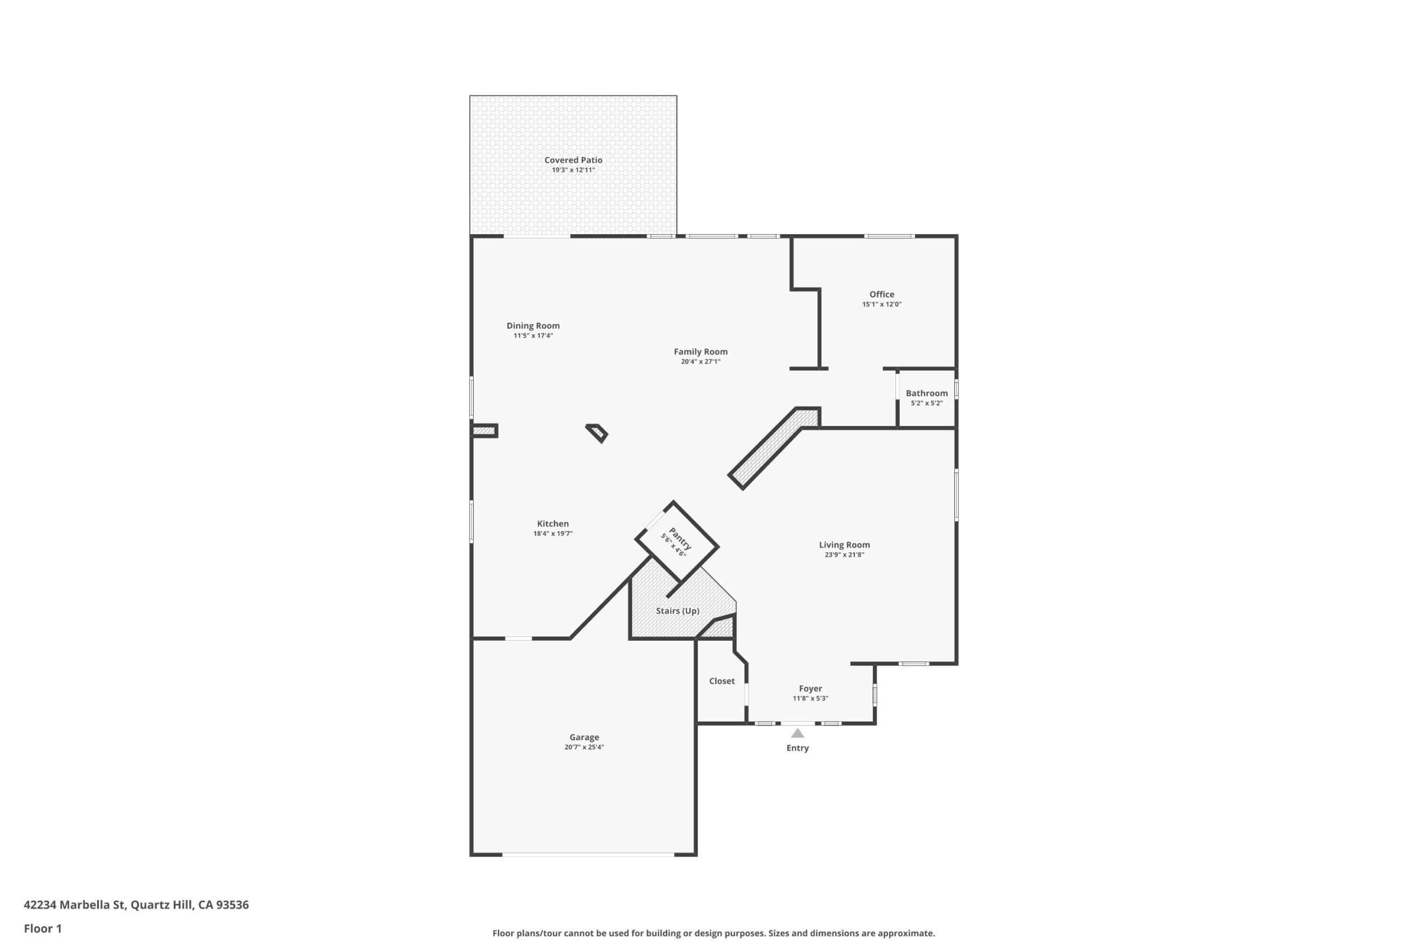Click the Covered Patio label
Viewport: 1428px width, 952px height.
(x=573, y=160)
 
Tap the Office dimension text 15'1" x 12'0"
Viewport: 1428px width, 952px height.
(x=881, y=304)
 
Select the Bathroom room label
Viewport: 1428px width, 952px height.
(x=927, y=393)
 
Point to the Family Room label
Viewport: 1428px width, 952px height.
(x=701, y=351)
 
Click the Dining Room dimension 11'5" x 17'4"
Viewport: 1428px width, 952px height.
(x=533, y=336)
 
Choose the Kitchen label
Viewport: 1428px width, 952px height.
(x=552, y=523)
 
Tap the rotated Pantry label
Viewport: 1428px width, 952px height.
(x=679, y=538)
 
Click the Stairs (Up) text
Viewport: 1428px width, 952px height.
(x=678, y=611)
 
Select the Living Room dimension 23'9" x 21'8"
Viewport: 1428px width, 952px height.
(x=844, y=555)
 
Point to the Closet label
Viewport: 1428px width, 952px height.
(x=722, y=681)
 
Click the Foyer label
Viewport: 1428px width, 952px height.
(x=811, y=689)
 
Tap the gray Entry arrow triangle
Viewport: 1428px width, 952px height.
(x=798, y=734)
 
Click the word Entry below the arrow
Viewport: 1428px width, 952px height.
(x=798, y=748)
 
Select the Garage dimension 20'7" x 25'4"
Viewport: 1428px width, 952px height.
(x=584, y=747)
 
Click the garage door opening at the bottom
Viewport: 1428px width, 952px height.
(x=588, y=855)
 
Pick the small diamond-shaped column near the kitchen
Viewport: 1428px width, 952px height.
(x=597, y=433)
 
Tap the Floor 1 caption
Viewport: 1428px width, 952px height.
(x=42, y=929)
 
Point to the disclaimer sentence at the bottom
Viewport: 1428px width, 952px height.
(x=713, y=933)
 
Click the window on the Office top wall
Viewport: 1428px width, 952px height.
(x=889, y=236)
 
